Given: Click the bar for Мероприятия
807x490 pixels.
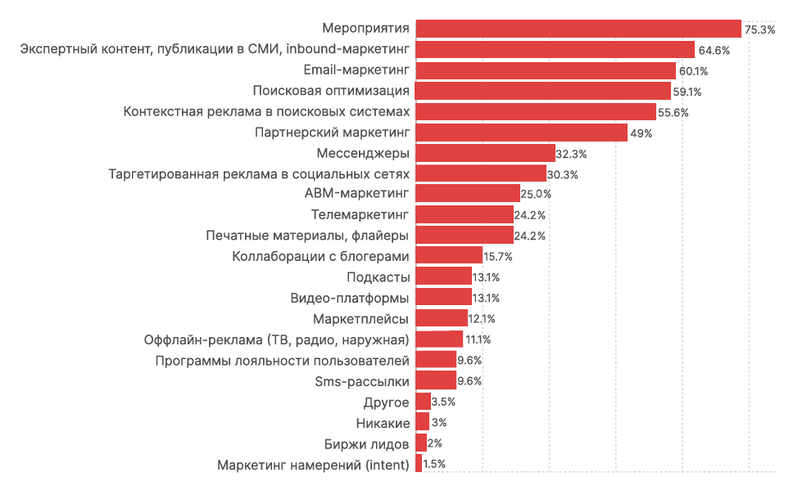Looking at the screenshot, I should click(578, 29).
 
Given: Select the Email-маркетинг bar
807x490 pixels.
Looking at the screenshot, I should click(546, 70).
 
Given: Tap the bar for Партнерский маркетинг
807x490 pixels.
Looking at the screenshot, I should click(521, 133).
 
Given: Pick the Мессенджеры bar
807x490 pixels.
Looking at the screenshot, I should click(485, 153).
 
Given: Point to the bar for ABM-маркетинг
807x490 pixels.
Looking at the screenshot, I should click(468, 194).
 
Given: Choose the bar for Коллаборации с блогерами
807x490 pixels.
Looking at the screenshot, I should click(449, 256).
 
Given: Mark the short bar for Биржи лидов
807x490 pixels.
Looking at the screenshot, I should click(421, 443).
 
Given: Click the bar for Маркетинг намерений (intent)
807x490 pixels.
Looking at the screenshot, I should click(419, 463).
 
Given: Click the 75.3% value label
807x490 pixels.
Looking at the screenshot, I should click(759, 29).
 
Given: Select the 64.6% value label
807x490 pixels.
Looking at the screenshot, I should click(714, 50).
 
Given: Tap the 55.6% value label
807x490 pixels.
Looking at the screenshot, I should click(673, 112).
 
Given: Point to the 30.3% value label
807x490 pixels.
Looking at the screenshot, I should click(563, 174).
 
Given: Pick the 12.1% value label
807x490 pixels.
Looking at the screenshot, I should click(482, 319).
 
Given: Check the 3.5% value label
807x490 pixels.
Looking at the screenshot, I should click(443, 402).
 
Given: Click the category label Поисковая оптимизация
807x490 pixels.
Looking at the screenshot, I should click(331, 91).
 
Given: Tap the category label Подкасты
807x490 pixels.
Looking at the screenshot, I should click(379, 277).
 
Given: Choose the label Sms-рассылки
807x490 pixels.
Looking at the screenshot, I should click(362, 380).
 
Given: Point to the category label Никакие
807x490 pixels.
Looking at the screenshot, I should click(383, 422).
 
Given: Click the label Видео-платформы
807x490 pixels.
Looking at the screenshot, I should click(350, 298).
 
